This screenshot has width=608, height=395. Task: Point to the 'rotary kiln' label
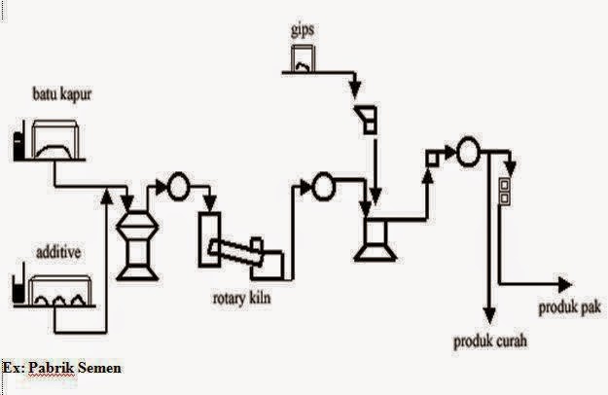pos(244,298)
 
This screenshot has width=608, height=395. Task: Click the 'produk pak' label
pos(568,309)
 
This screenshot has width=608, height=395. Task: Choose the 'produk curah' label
pos(492,341)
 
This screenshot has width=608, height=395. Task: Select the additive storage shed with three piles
pos(59,292)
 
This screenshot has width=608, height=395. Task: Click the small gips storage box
pos(301,65)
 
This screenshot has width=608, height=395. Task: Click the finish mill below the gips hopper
pos(374,237)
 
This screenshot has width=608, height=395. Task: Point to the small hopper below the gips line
pos(366,119)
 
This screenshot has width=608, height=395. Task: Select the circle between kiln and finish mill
pos(323,185)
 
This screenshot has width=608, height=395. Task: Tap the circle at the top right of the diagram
pos(467,151)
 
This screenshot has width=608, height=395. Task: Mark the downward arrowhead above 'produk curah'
pos(489,317)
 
